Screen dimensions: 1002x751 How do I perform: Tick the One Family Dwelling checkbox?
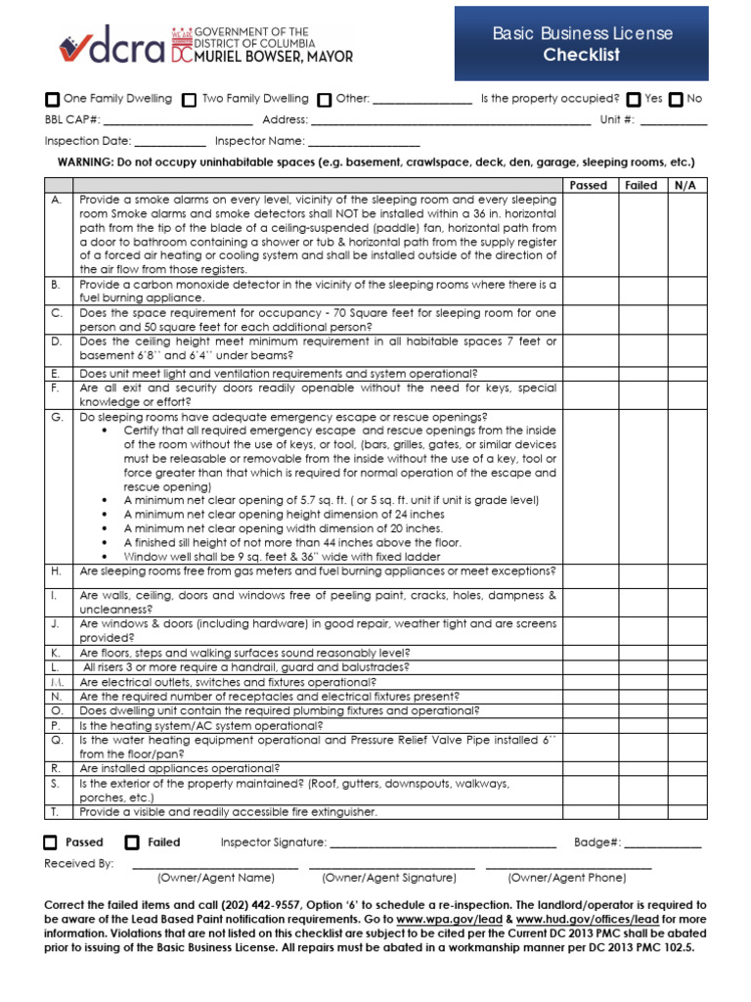coord(53,100)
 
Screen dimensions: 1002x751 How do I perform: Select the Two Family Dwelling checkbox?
coord(190,100)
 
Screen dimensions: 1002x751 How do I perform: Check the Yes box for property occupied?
coord(634,100)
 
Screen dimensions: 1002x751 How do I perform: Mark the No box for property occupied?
coord(676,100)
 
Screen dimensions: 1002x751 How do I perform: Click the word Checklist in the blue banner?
coord(582,56)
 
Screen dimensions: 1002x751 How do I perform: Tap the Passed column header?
coord(588,185)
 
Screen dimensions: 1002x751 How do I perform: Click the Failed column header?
coord(641,185)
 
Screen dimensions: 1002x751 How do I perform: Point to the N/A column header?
coord(685,185)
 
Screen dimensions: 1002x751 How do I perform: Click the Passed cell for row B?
coord(588,291)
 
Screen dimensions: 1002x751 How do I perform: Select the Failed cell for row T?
coord(641,812)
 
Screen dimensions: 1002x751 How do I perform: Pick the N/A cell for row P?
coord(685,726)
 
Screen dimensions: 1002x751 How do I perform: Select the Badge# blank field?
coord(662,843)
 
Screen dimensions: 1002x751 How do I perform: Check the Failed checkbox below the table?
coord(132,843)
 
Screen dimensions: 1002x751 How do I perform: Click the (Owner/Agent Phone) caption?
coord(567,878)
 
